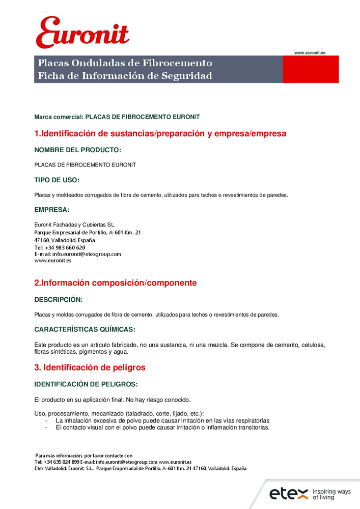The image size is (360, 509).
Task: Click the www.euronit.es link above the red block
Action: point(310,52)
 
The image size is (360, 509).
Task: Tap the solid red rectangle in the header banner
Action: point(311,69)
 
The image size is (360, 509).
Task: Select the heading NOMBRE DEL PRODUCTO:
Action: point(77,150)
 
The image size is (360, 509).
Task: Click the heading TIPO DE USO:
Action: point(57,180)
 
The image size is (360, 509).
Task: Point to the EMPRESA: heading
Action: point(51,210)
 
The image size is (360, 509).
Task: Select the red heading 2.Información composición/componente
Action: point(115,283)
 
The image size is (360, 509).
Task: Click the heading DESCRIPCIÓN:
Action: point(58,300)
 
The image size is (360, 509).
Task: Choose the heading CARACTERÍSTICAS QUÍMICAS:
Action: point(85,330)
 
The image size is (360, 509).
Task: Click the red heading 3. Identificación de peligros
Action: point(90,367)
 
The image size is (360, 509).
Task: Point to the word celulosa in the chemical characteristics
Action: point(314,345)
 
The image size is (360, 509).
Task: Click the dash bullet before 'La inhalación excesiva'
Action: point(47,421)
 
